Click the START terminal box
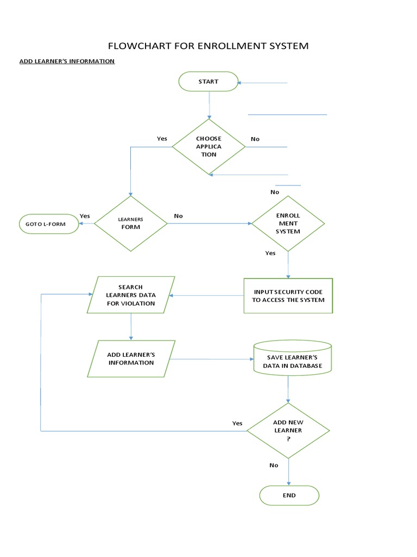pyautogui.click(x=208, y=82)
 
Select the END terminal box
pyautogui.click(x=289, y=496)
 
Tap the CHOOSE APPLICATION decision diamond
pyautogui.click(x=208, y=146)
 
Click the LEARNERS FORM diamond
pyautogui.click(x=130, y=224)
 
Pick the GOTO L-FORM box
pyautogui.click(x=48, y=224)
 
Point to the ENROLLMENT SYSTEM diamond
pyautogui.click(x=288, y=224)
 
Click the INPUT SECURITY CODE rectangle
pyautogui.click(x=288, y=295)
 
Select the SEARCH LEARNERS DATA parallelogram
pyautogui.click(x=130, y=295)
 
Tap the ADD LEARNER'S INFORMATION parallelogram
pyautogui.click(x=130, y=358)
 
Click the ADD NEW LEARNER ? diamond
pyautogui.click(x=288, y=430)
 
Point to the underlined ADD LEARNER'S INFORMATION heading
pyautogui.click(x=67, y=61)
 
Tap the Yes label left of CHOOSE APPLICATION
pyautogui.click(x=162, y=139)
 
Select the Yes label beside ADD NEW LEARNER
pyautogui.click(x=237, y=423)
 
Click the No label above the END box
pyautogui.click(x=274, y=465)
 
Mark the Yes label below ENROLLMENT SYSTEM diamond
pyautogui.click(x=270, y=253)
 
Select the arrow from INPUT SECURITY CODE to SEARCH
pyautogui.click(x=207, y=296)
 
